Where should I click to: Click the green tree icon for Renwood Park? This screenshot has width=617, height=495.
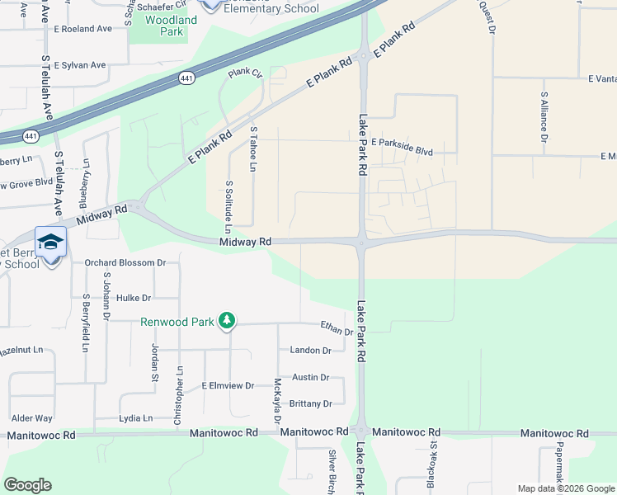pyautogui.click(x=228, y=322)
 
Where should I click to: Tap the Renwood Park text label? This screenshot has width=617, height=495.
pyautogui.click(x=177, y=322)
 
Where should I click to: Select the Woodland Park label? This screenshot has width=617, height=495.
pyautogui.click(x=172, y=26)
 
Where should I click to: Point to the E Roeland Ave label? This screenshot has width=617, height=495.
pyautogui.click(x=82, y=28)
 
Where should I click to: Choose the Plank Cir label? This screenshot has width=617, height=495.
pyautogui.click(x=244, y=73)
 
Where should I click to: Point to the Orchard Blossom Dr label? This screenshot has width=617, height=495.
pyautogui.click(x=125, y=262)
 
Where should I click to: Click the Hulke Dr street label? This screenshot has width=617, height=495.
pyautogui.click(x=134, y=298)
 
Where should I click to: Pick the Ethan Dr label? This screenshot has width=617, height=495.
pyautogui.click(x=337, y=329)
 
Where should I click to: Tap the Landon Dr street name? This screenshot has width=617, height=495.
pyautogui.click(x=310, y=351)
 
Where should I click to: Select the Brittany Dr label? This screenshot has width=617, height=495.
pyautogui.click(x=310, y=403)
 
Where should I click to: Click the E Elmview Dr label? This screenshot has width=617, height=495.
pyautogui.click(x=228, y=385)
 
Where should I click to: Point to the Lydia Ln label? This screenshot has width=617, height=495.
pyautogui.click(x=136, y=418)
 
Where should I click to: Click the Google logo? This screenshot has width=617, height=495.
pyautogui.click(x=27, y=485)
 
